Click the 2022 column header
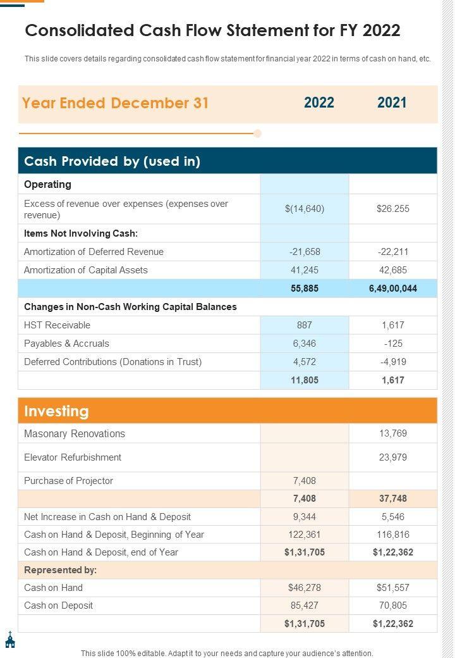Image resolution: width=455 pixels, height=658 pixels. [x=319, y=103]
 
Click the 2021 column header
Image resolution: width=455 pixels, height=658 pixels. [x=392, y=103]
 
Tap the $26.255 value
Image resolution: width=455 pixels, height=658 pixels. [x=392, y=209]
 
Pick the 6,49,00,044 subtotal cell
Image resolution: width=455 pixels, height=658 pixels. [x=392, y=289]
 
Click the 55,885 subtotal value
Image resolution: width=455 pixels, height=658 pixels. [x=305, y=289]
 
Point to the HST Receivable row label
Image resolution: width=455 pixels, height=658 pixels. [x=57, y=325]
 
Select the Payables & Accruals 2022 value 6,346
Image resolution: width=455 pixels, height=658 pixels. [x=305, y=344]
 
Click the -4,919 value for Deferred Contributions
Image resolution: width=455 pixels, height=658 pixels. [x=392, y=362]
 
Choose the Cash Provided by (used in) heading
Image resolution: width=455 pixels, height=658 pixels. [x=112, y=161]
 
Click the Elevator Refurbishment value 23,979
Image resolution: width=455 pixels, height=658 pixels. [x=392, y=457]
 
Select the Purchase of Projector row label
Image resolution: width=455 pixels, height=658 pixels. [x=68, y=481]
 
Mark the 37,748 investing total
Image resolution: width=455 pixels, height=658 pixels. [x=392, y=499]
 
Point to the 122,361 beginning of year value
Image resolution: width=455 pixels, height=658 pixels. [x=305, y=535]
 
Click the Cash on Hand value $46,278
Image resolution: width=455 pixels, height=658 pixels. [x=305, y=588]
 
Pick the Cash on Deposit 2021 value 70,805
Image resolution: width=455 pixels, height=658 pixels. [x=392, y=605]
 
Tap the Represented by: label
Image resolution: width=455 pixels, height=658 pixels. [x=60, y=570]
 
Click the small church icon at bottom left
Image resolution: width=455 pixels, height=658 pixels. [x=10, y=640]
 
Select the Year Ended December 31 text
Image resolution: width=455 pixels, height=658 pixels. [x=115, y=103]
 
